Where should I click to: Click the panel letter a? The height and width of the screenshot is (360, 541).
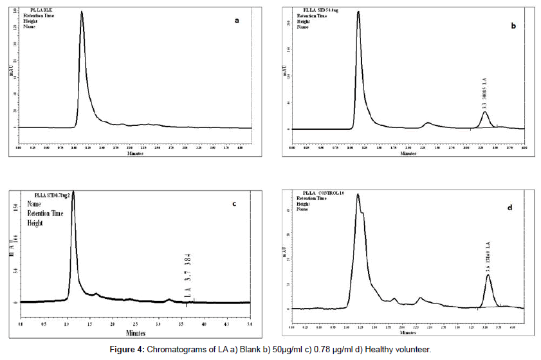[237, 20]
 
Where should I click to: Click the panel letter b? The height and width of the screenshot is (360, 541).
[513, 26]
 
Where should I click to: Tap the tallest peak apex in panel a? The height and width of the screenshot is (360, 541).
[82, 12]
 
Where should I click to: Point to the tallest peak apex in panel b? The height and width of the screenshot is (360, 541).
[358, 12]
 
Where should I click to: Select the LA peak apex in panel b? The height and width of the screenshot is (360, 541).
[485, 113]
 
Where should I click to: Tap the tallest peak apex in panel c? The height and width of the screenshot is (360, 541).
[73, 192]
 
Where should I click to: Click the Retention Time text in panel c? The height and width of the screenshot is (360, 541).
[45, 214]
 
